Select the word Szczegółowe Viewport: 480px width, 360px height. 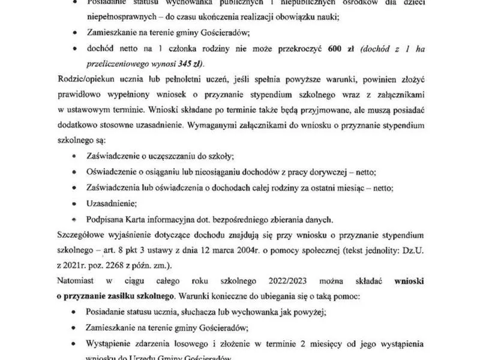click(x=83, y=232)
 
